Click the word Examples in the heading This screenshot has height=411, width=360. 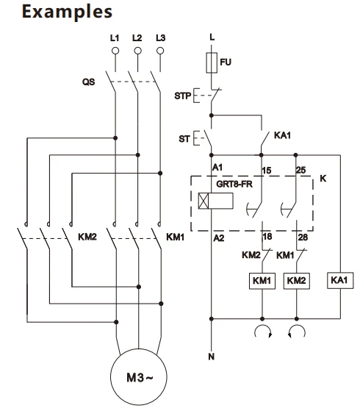pyautogui.click(x=67, y=12)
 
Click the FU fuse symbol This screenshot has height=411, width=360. pyautogui.click(x=212, y=62)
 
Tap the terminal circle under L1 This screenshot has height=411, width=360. pyautogui.click(x=115, y=51)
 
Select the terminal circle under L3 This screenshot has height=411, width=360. pyautogui.click(x=160, y=51)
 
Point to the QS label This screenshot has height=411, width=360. pyautogui.click(x=89, y=82)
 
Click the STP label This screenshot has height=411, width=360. pyautogui.click(x=183, y=96)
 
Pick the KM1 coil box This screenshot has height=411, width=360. pyautogui.click(x=262, y=281)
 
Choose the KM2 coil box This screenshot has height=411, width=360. pyautogui.click(x=297, y=281)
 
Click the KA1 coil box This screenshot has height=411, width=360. pyautogui.click(x=340, y=280)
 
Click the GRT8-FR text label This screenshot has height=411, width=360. pyautogui.click(x=234, y=184)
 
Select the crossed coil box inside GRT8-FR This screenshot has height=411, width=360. pyautogui.click(x=216, y=201)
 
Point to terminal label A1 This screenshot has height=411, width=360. pyautogui.click(x=217, y=167)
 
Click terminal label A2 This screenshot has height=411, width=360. pyautogui.click(x=219, y=238)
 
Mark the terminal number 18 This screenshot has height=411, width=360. pyautogui.click(x=267, y=237)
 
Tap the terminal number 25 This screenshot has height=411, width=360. pyautogui.click(x=300, y=170)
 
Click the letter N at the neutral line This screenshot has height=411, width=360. pyautogui.click(x=212, y=357)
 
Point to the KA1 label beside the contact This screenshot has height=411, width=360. pyautogui.click(x=282, y=135)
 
